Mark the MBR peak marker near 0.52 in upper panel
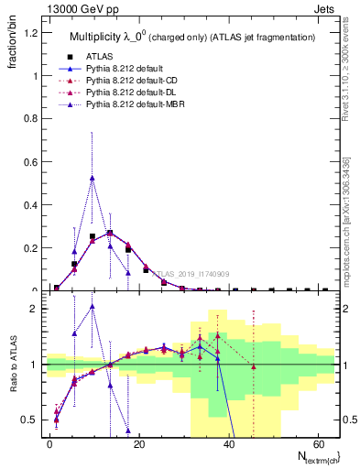point(92,178)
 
